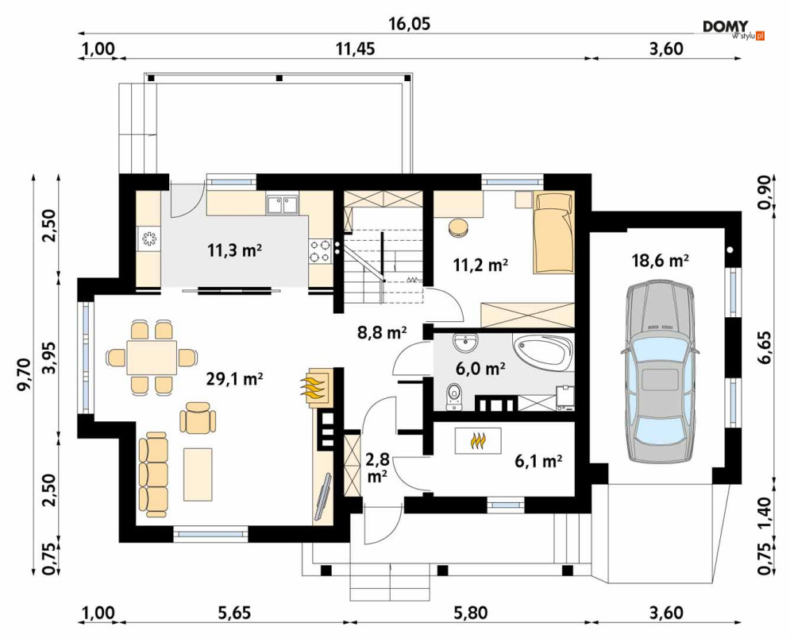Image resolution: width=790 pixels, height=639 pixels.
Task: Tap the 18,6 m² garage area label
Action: (x=661, y=260)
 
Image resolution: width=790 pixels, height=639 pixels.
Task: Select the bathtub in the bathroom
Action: (x=543, y=352)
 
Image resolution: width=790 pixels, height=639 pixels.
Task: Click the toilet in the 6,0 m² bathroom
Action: (x=454, y=396)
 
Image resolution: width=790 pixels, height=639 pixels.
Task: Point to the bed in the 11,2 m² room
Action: (x=553, y=233)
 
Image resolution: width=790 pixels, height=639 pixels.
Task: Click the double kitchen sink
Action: (x=282, y=205)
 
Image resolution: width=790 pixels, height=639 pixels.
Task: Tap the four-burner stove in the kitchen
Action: (x=320, y=251)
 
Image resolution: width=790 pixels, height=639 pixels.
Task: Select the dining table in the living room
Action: (x=152, y=357)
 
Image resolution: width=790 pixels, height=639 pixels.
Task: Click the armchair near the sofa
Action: (x=198, y=417)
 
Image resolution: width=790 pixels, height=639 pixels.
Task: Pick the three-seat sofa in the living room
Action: (x=152, y=474)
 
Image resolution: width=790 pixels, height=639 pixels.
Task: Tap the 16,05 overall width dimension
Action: (x=410, y=23)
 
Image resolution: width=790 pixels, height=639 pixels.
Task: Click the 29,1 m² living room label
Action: (x=235, y=379)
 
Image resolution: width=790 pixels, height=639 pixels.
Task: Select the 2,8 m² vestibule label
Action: (x=377, y=467)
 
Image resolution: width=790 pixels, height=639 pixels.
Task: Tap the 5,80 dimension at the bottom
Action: (x=471, y=613)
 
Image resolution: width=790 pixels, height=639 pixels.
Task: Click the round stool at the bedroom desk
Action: (x=458, y=227)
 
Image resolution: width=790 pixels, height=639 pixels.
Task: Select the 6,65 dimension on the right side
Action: (x=766, y=347)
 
